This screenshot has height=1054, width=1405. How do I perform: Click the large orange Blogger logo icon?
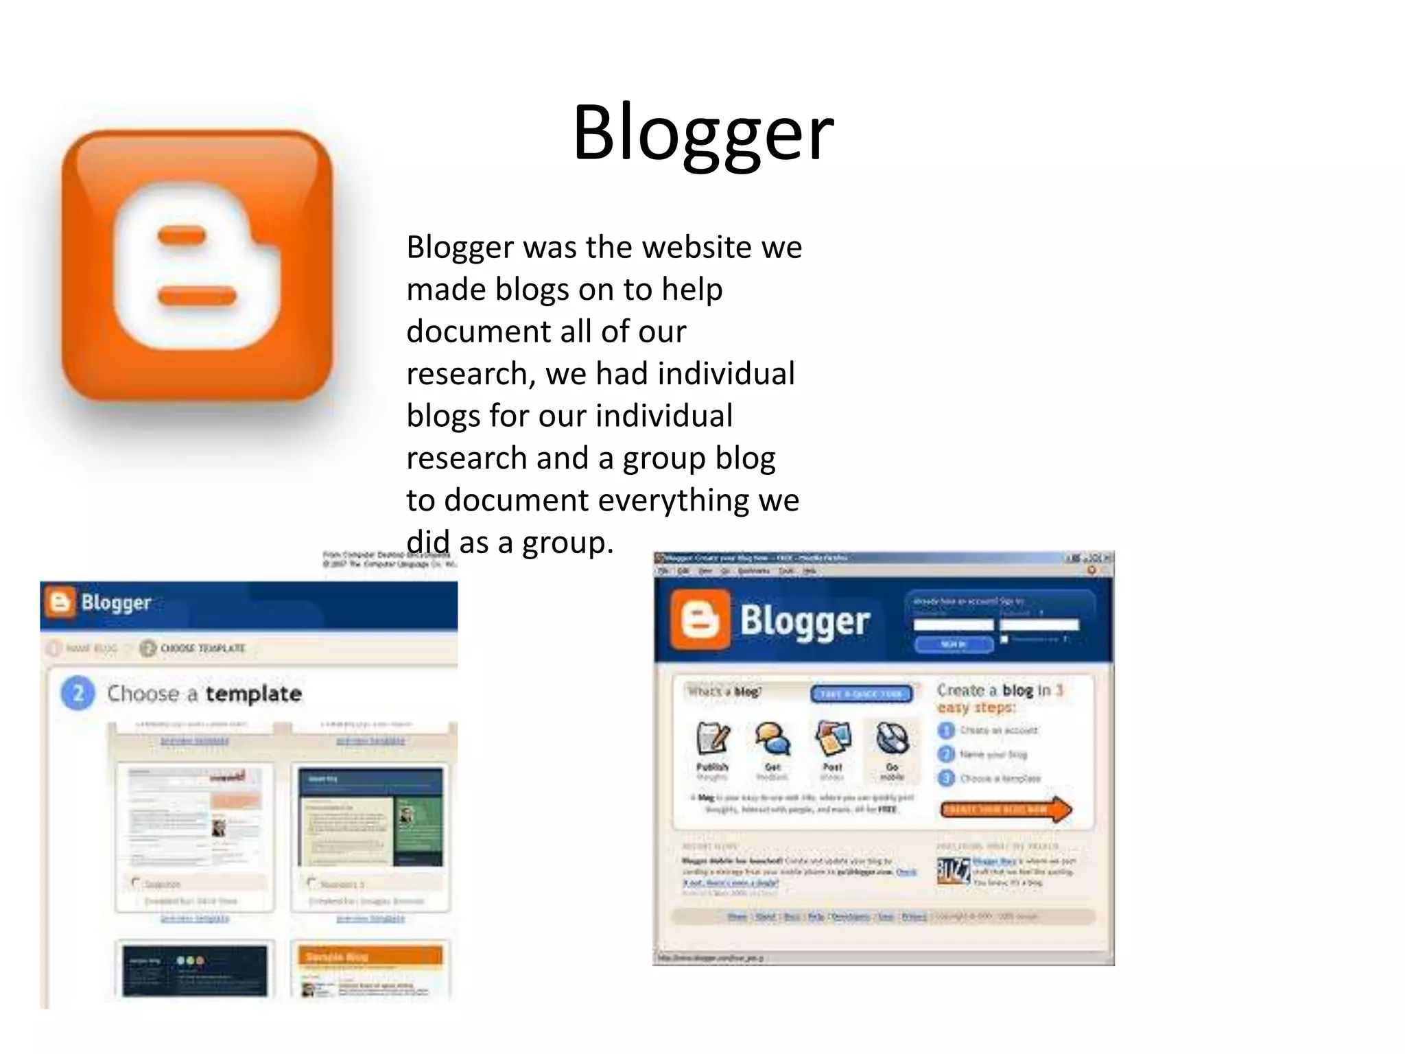197,266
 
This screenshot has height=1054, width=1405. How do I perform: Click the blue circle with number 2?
78,693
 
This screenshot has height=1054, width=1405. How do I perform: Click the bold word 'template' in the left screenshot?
253,694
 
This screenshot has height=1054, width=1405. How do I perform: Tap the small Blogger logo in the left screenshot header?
60,602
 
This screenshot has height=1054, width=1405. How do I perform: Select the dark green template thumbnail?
370,817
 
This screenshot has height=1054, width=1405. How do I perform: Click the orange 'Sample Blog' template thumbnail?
370,970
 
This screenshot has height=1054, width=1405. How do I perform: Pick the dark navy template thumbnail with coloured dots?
195,970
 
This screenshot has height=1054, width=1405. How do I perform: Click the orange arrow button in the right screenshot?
1004,810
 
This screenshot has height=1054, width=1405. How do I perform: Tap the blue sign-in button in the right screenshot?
953,644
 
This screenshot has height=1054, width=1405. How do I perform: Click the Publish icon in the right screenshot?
712,740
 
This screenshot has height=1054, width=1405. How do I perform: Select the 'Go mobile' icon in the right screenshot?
892,740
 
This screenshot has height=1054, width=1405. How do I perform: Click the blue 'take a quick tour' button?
862,694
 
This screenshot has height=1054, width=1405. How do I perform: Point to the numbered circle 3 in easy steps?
946,778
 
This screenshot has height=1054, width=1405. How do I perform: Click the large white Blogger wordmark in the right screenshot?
804,621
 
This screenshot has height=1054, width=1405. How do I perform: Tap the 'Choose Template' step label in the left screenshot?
202,648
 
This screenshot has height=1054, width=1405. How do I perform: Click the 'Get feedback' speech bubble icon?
772,740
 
